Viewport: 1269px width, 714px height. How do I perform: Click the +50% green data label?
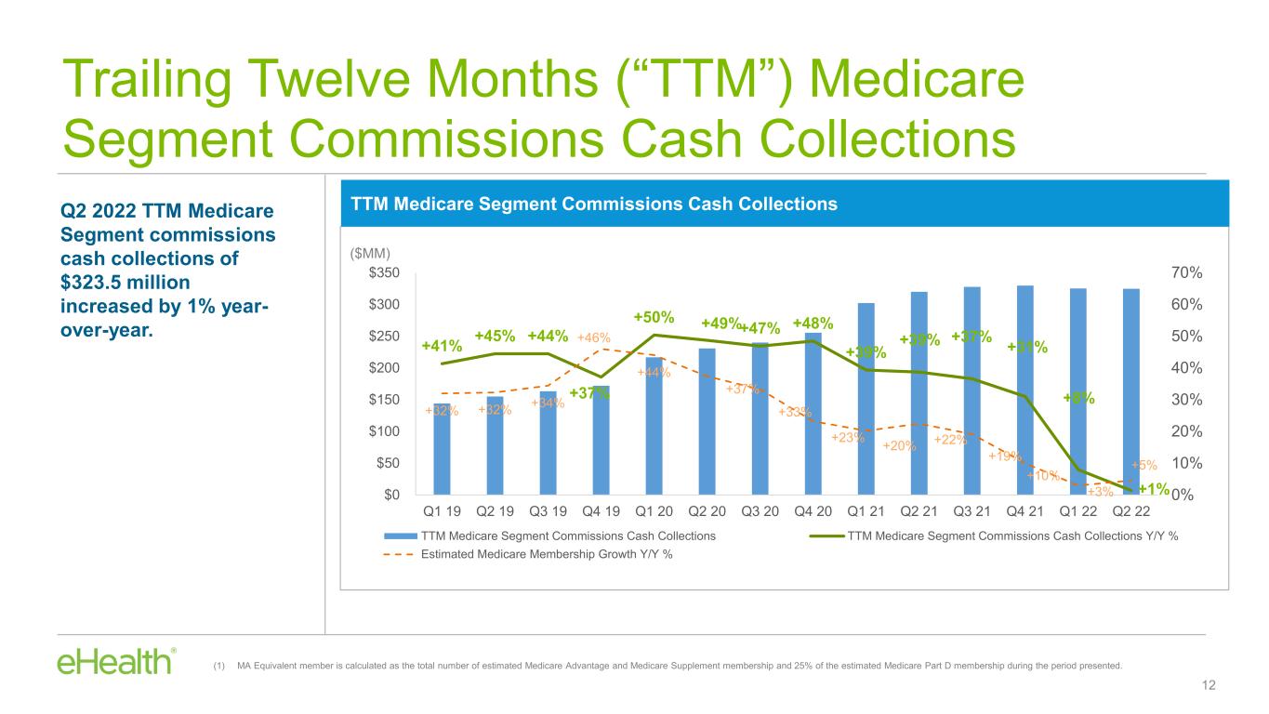pos(654,318)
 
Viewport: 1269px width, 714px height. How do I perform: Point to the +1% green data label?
pos(1153,488)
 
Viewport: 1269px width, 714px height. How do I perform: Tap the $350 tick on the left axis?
pos(387,272)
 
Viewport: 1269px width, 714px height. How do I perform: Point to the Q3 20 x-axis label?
pos(760,510)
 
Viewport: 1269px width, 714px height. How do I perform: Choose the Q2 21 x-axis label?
pos(919,510)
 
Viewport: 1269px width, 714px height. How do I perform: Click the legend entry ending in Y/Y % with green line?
pos(1011,535)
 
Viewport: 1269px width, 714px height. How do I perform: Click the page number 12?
pos(1209,685)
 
